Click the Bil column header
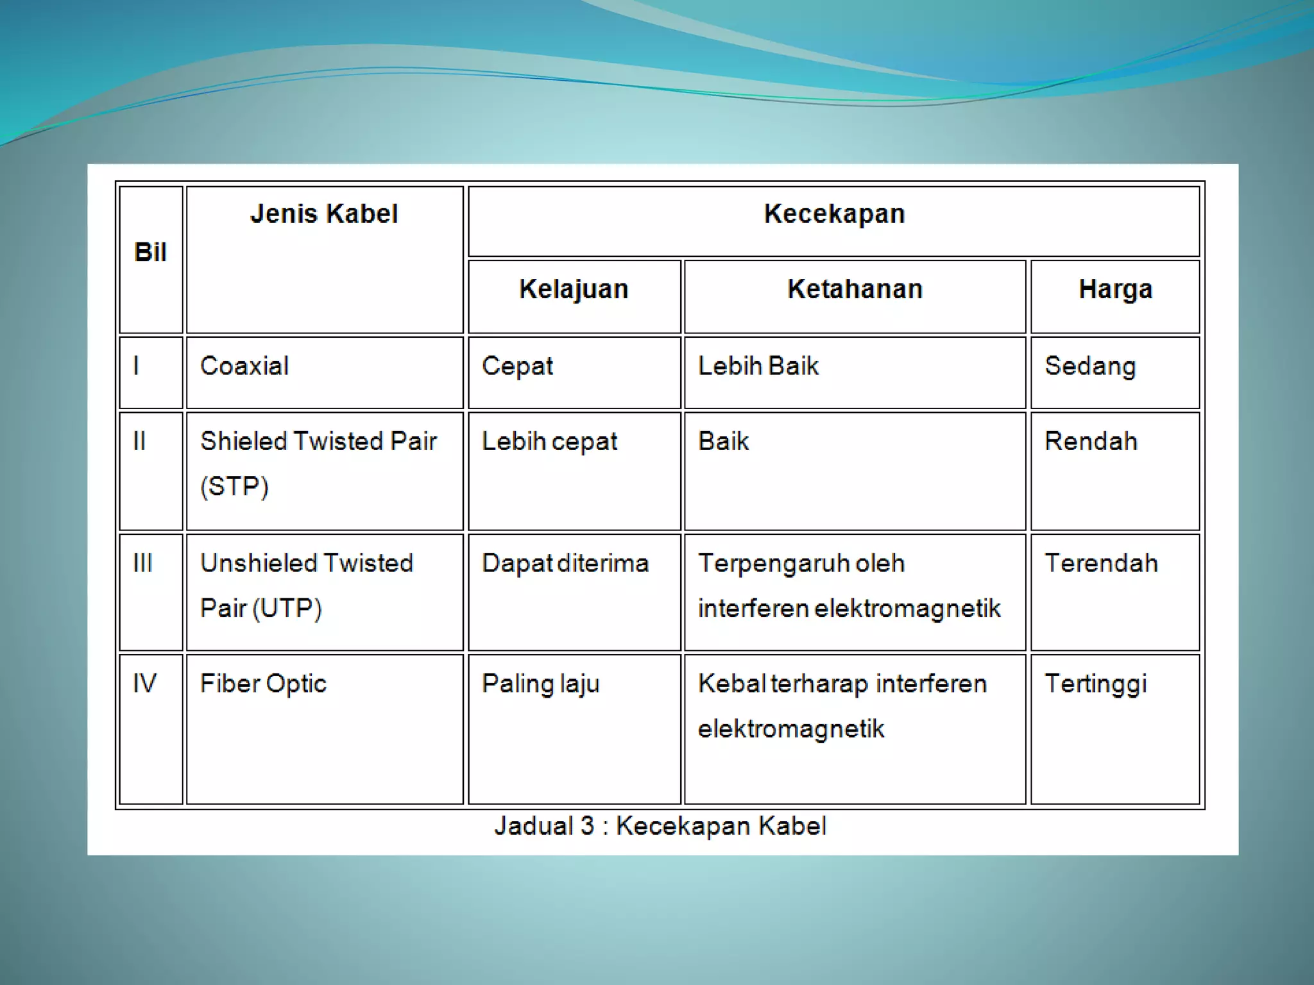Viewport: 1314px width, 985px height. tap(150, 253)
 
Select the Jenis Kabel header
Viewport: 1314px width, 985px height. tap(324, 214)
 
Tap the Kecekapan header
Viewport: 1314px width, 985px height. tap(834, 214)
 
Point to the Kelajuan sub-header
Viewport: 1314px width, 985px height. tap(574, 289)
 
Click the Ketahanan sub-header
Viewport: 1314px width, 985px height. tap(855, 289)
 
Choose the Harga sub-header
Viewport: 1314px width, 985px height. tap(1115, 289)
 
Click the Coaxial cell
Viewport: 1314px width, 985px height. tap(244, 366)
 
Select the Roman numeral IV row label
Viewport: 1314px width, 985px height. tap(144, 684)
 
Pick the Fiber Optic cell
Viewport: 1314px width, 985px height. tap(263, 684)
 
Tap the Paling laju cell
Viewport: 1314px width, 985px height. tap(540, 684)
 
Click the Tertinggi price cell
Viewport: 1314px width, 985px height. tap(1095, 684)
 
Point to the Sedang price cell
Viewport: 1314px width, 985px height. tap(1090, 366)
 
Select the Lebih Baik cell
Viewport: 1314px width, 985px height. tap(758, 366)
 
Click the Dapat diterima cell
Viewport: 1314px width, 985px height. tap(565, 564)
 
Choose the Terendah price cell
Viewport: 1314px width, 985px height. tap(1101, 564)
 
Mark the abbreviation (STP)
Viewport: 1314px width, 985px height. tap(234, 486)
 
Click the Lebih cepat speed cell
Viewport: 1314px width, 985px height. tap(549, 442)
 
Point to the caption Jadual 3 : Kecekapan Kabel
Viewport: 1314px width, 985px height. tap(660, 826)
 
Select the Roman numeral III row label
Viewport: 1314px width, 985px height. tap(142, 564)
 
